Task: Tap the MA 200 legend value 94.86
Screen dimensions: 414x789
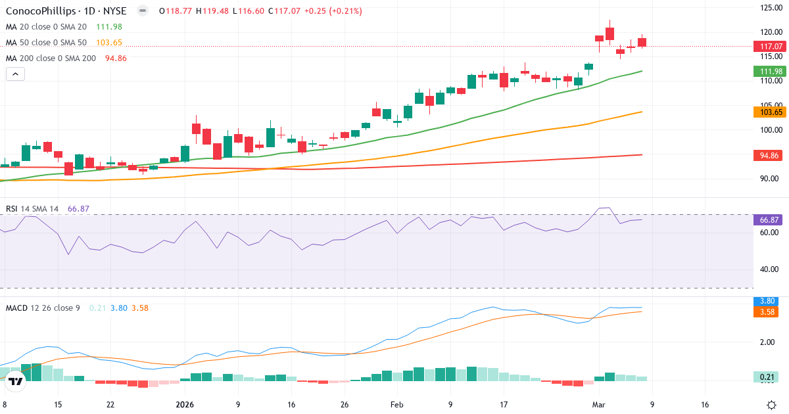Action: coord(116,58)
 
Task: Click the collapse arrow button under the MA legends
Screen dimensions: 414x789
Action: coord(15,74)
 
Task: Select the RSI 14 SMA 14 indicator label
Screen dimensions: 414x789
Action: coord(32,209)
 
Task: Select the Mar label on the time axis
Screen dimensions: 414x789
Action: coord(598,405)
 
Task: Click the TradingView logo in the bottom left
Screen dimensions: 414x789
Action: coord(16,380)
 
